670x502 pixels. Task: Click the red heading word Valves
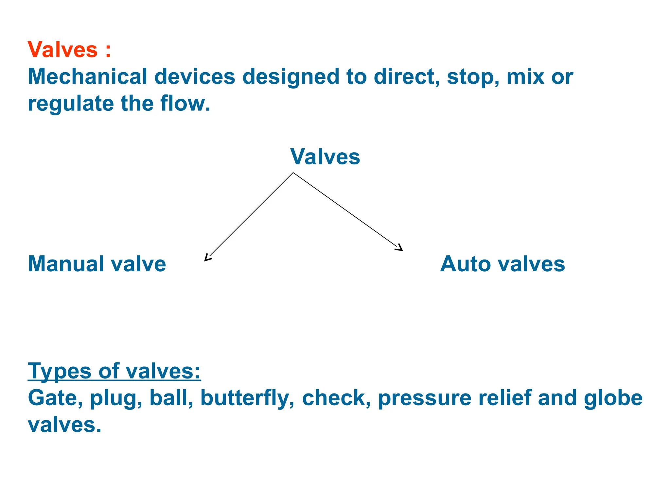coord(62,50)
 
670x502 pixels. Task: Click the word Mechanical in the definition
coord(88,76)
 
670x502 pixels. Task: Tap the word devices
coord(195,76)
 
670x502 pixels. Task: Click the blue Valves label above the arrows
coord(325,157)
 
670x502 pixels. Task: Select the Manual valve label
coord(97,264)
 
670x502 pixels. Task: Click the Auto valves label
coord(502,264)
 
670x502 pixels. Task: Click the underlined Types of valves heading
coord(114,371)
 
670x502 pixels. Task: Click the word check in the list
coord(336,398)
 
